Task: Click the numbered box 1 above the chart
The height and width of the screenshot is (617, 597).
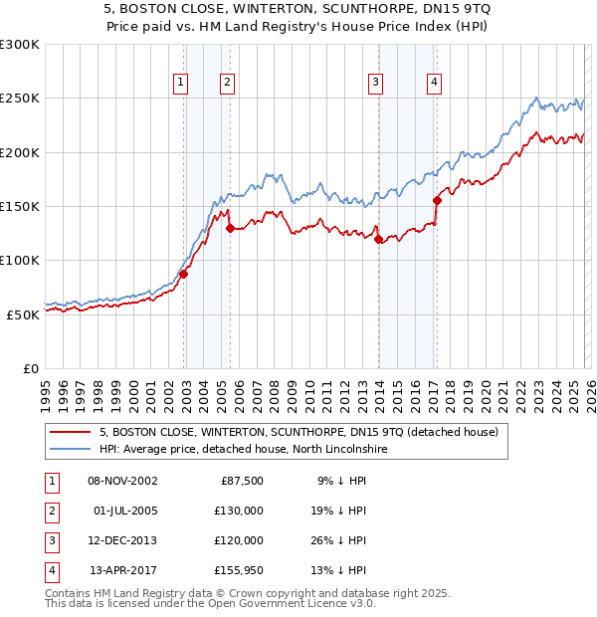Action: click(181, 83)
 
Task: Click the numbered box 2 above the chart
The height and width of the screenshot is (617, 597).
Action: click(228, 83)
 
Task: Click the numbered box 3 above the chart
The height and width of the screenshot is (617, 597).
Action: click(376, 83)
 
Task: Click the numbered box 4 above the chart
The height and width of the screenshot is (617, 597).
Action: click(435, 83)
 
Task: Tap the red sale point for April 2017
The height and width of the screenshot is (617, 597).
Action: click(437, 200)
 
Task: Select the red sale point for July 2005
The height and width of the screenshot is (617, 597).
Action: click(230, 228)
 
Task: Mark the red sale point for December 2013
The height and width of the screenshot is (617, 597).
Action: click(378, 239)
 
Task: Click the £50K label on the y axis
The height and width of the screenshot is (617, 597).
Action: click(23, 314)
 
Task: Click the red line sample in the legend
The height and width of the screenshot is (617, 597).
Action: click(71, 432)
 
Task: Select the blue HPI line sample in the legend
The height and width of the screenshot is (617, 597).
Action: click(71, 450)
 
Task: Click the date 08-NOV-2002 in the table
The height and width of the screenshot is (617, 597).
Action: click(122, 481)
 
